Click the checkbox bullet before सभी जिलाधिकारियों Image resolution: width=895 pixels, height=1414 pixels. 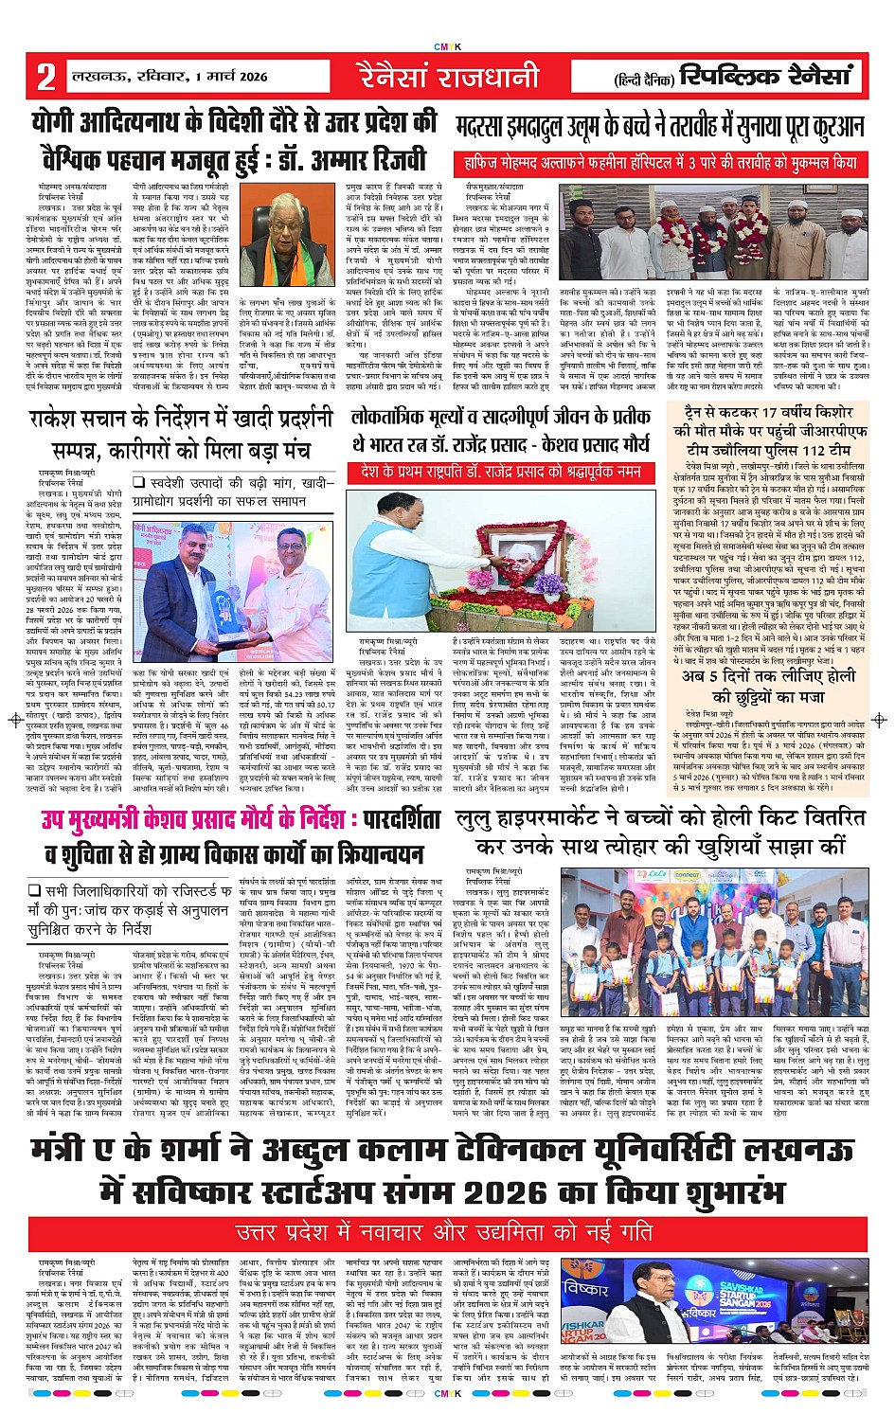[34, 891]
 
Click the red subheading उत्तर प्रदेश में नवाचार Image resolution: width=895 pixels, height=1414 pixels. [444, 1233]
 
